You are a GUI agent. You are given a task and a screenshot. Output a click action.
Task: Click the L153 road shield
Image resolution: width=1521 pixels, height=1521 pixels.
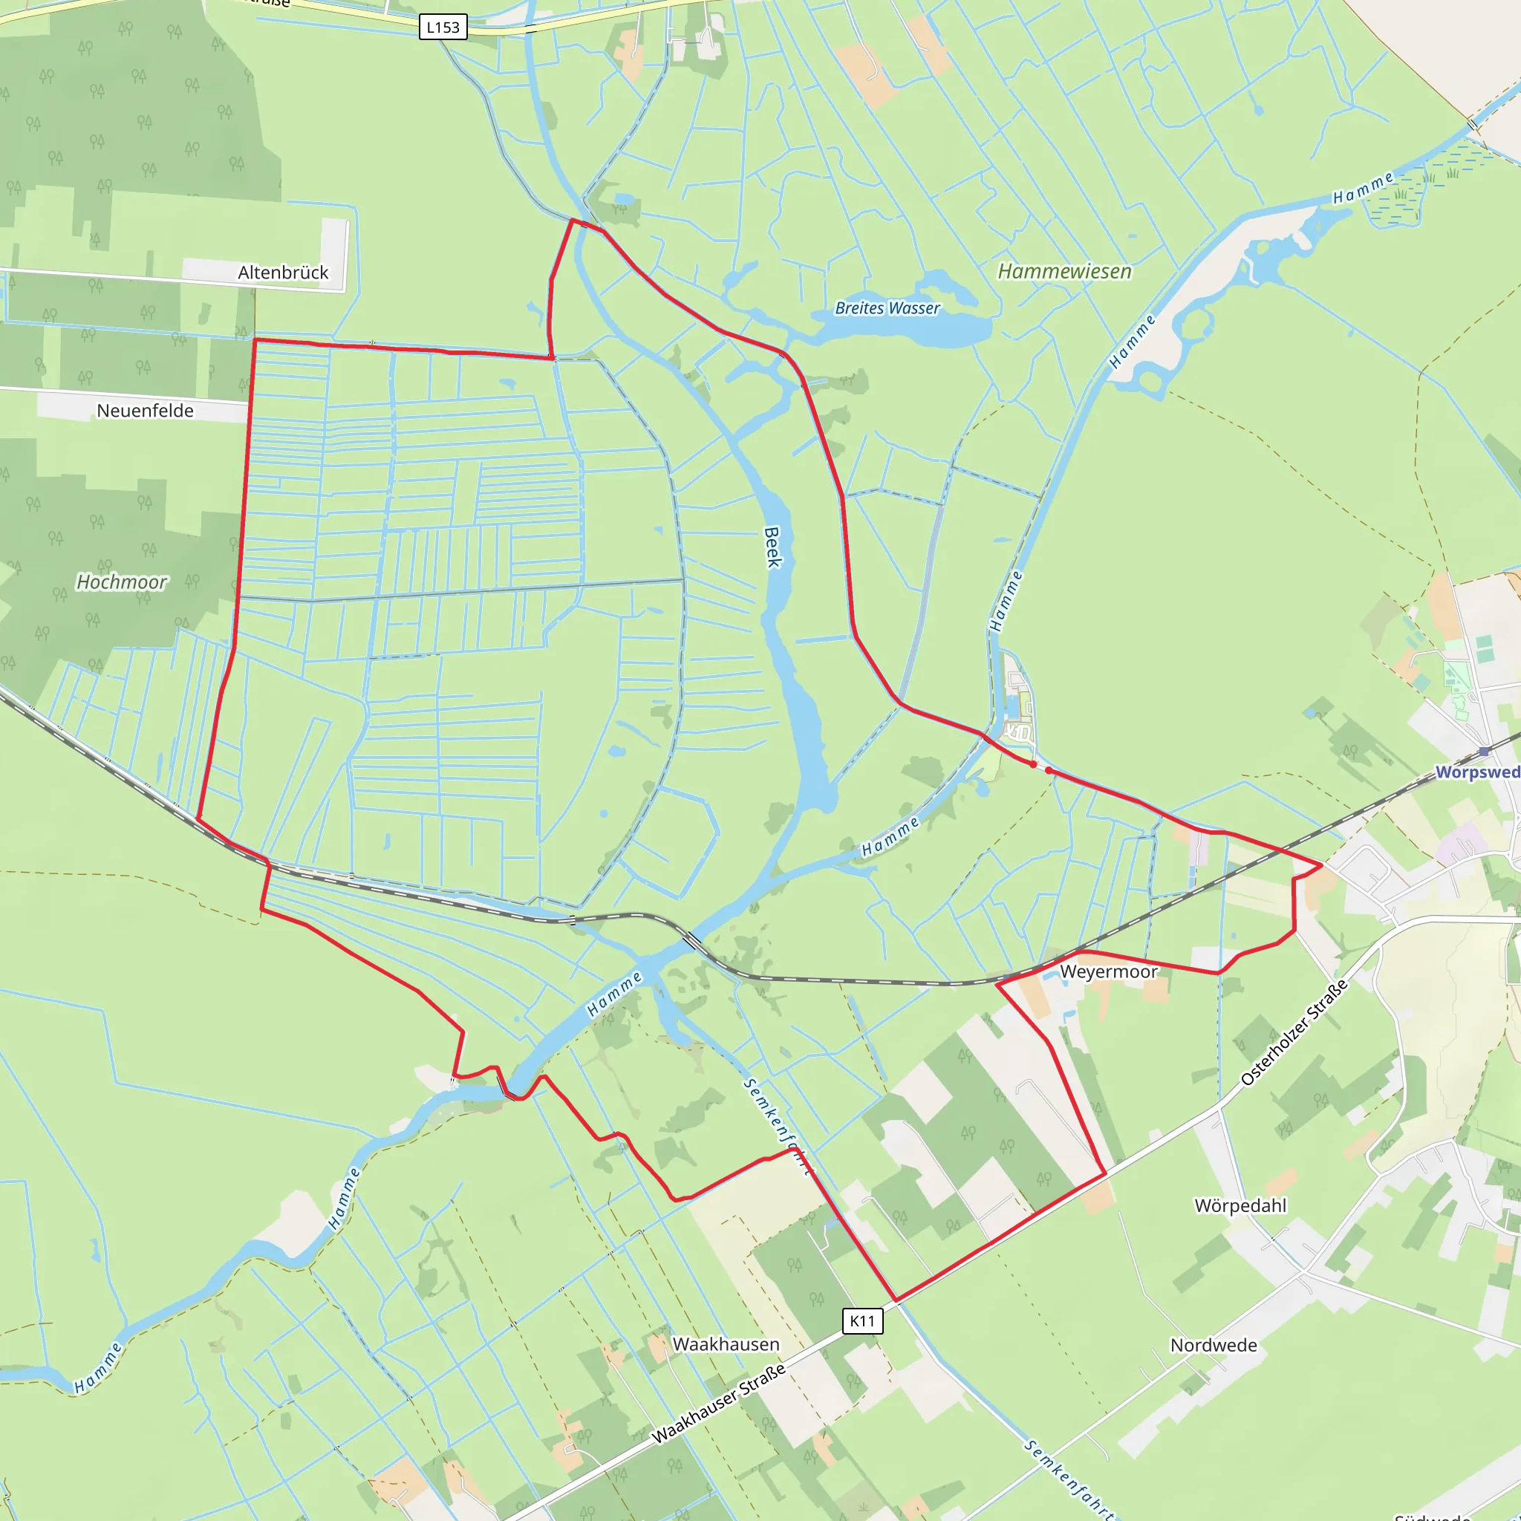pos(443,27)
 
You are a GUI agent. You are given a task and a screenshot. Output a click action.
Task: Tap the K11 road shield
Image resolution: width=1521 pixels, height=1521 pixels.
pos(862,1321)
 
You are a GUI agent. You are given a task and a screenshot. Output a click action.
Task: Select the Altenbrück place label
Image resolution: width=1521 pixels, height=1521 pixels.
pos(283,273)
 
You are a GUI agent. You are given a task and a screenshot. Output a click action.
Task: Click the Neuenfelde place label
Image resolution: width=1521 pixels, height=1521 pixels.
pos(145,410)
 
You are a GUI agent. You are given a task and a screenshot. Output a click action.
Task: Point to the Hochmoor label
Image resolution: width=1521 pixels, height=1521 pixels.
pos(121,582)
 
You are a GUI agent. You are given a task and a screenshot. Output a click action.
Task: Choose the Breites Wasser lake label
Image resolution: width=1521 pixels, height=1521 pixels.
pos(887,307)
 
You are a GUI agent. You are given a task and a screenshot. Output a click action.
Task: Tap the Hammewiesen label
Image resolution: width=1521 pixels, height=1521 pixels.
pos(1064,272)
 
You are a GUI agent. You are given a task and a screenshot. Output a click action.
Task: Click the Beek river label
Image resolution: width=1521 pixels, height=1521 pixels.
pos(773,547)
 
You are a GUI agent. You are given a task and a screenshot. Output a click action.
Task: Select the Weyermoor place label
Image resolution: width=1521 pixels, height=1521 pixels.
pos(1109,971)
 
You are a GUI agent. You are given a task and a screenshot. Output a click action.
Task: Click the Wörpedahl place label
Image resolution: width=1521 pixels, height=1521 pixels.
pos(1240,1206)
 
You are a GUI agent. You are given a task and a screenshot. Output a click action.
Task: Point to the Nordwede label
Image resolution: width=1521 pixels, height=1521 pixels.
pos(1214,1346)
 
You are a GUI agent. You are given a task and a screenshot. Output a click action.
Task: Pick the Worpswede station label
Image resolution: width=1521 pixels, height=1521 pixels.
pos(1477,772)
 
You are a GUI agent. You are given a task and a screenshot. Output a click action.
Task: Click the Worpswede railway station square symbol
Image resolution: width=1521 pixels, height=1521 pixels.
pos(1484,752)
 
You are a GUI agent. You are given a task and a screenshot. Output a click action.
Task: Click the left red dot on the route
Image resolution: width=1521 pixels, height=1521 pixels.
pos(1033,764)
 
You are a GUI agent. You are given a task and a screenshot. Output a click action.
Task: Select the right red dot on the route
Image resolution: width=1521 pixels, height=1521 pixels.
pos(1049,771)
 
